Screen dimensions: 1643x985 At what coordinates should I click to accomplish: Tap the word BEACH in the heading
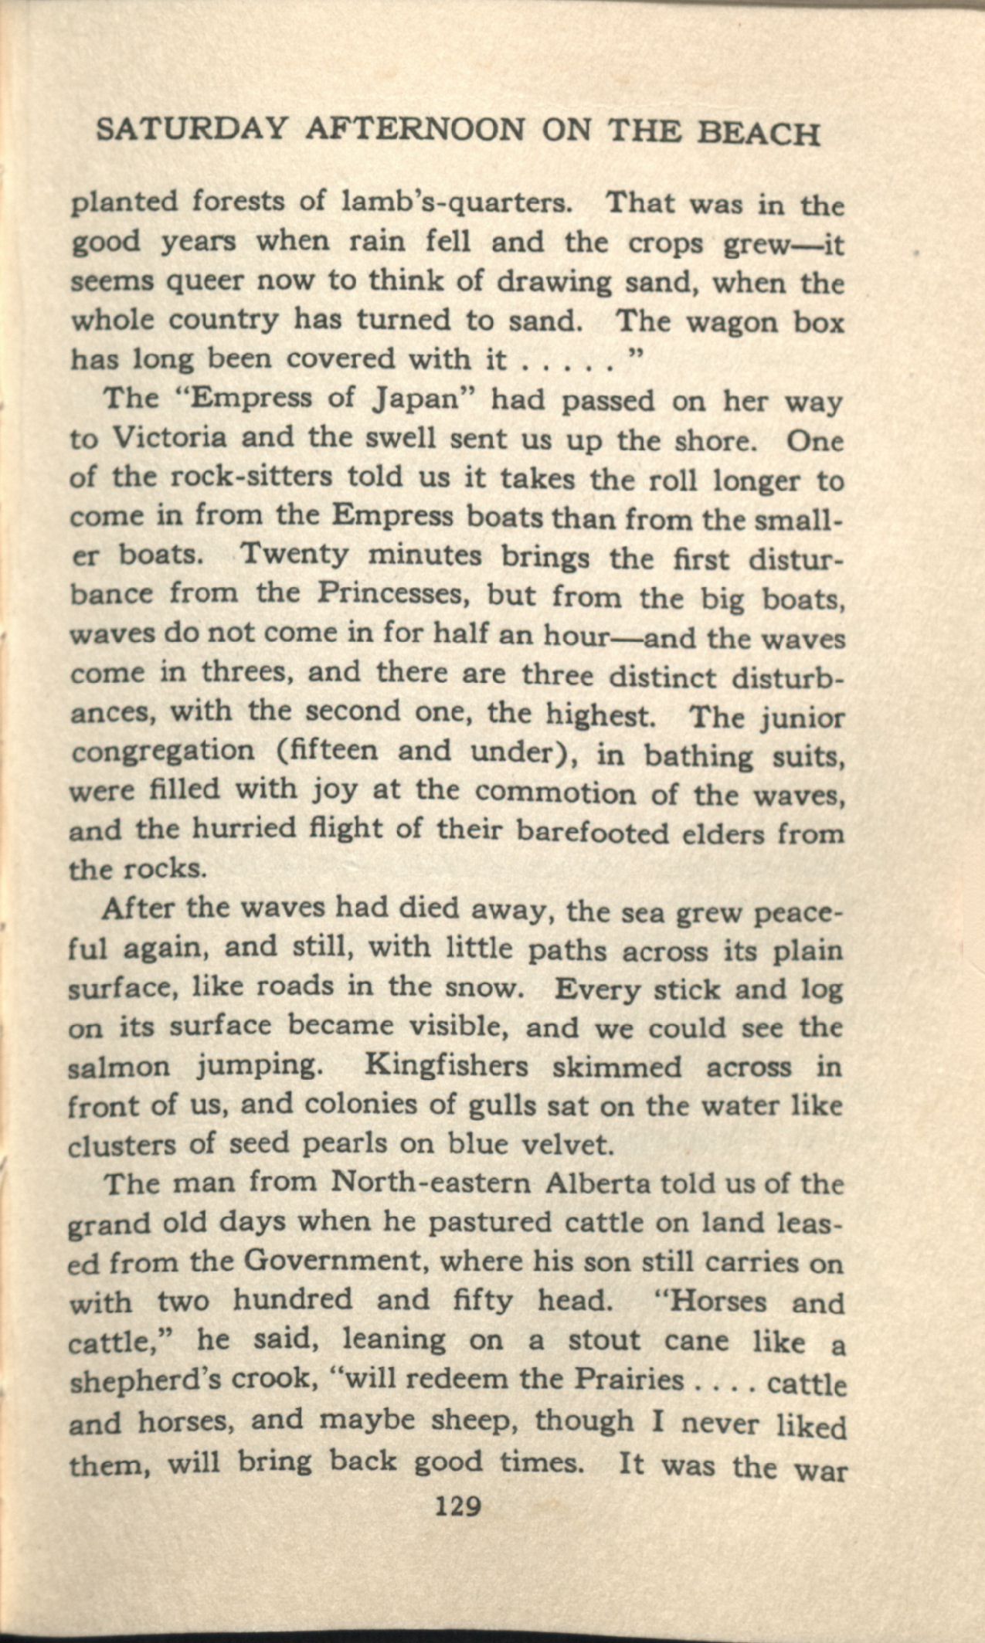pyautogui.click(x=758, y=134)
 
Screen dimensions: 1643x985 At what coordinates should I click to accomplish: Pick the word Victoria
pyautogui.click(x=170, y=437)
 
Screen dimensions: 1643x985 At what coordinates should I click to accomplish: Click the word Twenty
pyautogui.click(x=294, y=555)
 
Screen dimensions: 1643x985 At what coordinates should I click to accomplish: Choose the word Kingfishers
pyautogui.click(x=446, y=1066)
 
